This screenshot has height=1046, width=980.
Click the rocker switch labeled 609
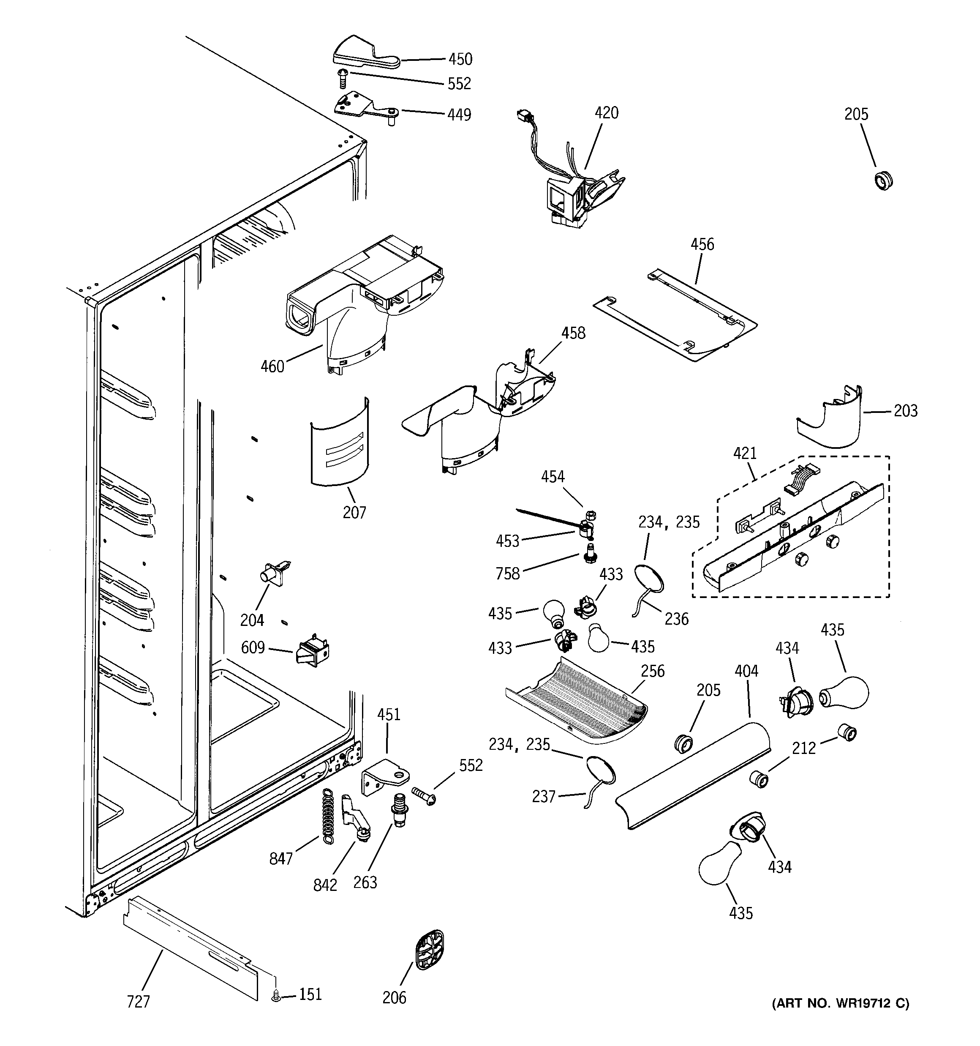click(x=313, y=653)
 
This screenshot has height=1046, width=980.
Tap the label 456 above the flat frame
click(x=702, y=244)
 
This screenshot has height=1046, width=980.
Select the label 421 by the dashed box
click(x=745, y=453)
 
